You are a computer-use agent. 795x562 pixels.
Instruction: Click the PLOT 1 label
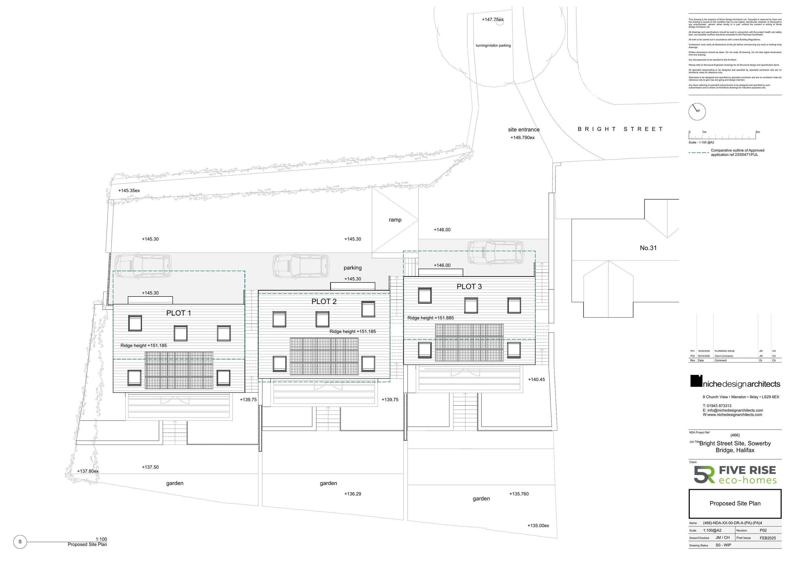178,313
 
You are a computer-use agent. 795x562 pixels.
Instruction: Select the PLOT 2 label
324,302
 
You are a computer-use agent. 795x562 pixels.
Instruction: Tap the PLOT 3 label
469,287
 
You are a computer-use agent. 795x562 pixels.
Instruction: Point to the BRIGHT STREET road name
620,129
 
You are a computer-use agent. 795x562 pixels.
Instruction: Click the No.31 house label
648,248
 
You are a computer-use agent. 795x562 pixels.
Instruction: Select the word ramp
395,220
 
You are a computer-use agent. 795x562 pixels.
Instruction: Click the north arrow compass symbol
697,112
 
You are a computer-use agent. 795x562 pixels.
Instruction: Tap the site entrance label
524,130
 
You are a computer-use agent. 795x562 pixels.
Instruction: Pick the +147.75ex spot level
492,20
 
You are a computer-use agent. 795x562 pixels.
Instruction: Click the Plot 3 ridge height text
430,318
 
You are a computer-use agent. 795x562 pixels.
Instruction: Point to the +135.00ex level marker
538,526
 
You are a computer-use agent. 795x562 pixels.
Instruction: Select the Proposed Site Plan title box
735,503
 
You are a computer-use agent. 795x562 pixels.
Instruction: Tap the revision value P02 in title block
763,530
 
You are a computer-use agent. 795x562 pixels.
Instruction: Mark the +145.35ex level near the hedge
129,191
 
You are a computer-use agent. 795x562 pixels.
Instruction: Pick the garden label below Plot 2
328,483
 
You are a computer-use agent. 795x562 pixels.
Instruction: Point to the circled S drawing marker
20,542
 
